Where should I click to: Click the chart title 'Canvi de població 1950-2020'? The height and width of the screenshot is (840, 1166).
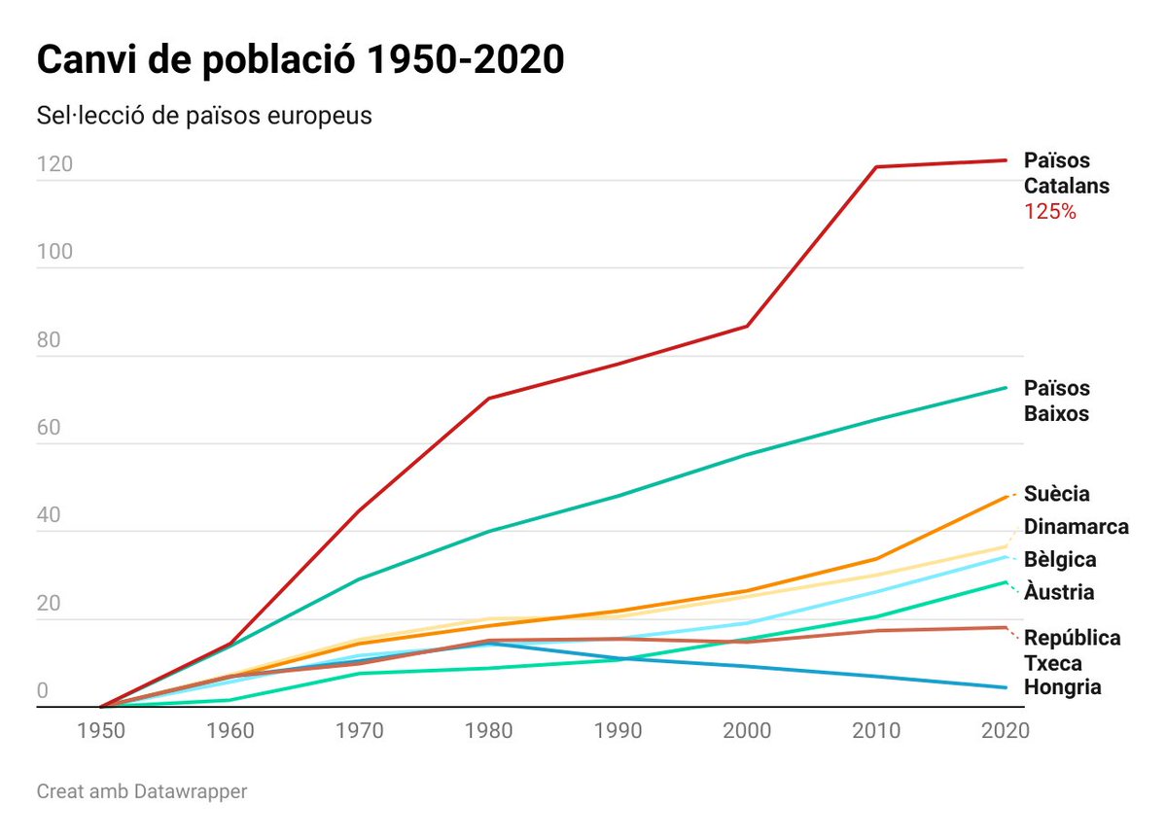300,60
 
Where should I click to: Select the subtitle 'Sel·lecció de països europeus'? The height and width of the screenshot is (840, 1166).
204,116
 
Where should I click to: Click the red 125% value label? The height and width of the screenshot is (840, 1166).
1049,211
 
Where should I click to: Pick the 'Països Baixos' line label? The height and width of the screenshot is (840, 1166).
1056,401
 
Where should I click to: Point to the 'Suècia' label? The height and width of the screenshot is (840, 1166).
1056,494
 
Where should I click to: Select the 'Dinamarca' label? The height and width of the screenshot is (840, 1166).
1076,527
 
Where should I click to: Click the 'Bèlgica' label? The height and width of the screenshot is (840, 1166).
1059,560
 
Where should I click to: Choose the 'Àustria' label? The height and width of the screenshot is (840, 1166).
1058,592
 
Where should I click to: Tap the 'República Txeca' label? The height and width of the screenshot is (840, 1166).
1072,650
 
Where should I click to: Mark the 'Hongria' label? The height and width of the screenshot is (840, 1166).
1062,687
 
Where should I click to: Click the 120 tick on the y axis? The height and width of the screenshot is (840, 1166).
54,164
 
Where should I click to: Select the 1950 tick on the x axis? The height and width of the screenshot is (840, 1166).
100,731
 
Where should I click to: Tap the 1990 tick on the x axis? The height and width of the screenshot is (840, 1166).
618,731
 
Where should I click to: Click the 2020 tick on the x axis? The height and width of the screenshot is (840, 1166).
1004,731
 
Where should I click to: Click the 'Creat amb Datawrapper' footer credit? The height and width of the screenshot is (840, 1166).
142,791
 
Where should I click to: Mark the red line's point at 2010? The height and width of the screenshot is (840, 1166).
876,167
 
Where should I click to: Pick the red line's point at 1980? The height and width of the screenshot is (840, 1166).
488,399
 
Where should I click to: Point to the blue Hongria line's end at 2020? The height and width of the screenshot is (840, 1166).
1006,687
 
